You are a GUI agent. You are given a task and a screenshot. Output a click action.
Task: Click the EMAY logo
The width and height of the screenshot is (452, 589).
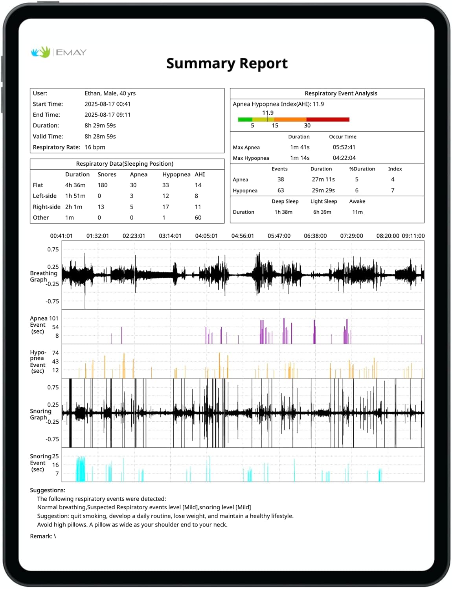[59, 52]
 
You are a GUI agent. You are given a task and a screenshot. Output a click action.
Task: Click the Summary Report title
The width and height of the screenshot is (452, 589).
[227, 63]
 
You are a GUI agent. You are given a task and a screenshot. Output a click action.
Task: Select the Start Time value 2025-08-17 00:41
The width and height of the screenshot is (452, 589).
[107, 104]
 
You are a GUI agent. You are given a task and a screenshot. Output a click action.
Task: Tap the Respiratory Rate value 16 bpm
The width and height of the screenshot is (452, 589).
[95, 147]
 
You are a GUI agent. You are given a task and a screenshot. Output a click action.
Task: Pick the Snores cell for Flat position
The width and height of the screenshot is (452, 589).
[103, 185]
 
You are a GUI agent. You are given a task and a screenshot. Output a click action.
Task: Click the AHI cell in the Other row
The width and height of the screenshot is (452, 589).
[198, 218]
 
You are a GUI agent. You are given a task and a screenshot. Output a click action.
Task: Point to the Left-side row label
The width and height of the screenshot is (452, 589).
[44, 196]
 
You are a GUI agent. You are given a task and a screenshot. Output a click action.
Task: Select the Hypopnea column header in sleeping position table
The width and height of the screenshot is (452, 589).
[176, 174]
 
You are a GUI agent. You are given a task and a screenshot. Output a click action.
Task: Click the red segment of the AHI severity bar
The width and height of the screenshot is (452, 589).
[328, 119]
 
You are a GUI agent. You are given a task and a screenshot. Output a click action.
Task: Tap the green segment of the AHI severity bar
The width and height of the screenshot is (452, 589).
[245, 119]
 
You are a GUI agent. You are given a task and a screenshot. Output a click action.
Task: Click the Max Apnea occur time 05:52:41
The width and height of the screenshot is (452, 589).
[344, 147]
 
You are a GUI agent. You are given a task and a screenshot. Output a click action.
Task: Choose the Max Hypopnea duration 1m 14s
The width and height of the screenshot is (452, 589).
[300, 158]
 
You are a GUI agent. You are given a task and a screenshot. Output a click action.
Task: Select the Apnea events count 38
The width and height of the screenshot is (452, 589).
[281, 179]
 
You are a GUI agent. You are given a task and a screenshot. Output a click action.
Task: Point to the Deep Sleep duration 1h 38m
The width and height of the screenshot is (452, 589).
[283, 212]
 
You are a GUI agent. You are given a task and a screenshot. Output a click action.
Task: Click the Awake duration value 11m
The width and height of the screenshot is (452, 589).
[357, 212]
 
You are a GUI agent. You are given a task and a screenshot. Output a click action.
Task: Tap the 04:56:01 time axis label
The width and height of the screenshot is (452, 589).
[243, 236]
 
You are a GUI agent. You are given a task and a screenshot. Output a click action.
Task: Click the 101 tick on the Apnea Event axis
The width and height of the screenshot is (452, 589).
[53, 318]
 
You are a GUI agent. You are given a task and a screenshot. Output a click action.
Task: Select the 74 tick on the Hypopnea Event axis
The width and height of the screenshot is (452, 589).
[55, 353]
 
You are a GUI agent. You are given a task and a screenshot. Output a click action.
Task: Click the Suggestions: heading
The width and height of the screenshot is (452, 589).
[48, 490]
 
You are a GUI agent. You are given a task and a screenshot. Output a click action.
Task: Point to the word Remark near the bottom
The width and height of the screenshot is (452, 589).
[40, 536]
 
